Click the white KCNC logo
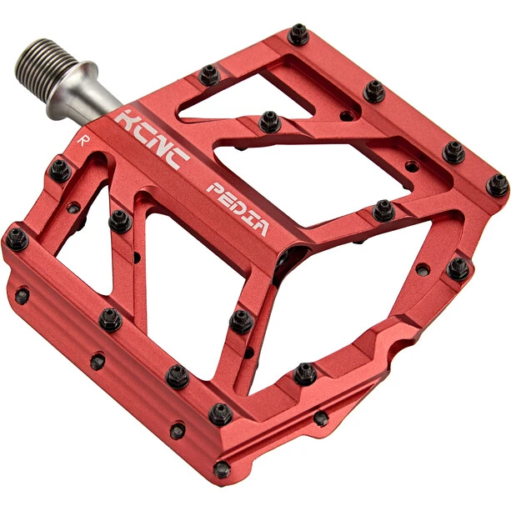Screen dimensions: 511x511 tap(152, 139)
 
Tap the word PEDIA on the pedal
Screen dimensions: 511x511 tap(238, 208)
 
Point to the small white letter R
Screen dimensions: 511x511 tap(83, 140)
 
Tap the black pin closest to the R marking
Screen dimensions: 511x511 tap(60, 171)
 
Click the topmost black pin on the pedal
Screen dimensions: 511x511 tap(298, 34)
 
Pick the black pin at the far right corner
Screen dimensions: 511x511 tap(497, 185)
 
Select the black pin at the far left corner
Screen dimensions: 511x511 tap(17, 239)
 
